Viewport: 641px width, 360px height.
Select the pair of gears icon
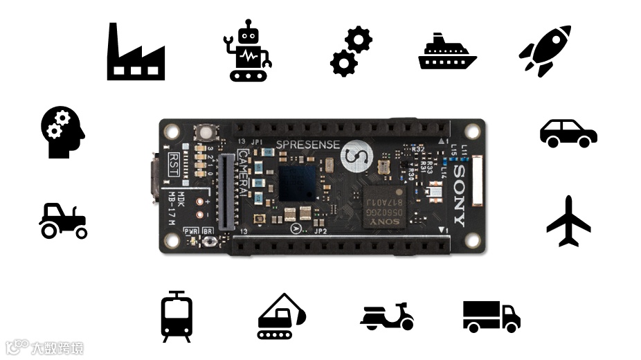(351, 52)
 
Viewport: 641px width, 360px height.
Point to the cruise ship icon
(447, 52)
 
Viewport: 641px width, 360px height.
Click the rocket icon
(545, 51)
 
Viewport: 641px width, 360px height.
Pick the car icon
(568, 133)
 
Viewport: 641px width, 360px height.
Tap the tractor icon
(63, 221)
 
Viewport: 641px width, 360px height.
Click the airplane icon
(568, 222)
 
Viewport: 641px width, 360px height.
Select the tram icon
(177, 316)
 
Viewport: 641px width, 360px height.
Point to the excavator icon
(280, 316)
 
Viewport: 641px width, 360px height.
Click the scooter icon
(387, 316)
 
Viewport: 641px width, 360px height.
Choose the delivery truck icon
(491, 316)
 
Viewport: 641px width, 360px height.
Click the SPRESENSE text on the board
(308, 145)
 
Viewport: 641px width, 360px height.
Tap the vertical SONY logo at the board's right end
(458, 195)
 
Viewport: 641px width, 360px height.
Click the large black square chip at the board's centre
(298, 182)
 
